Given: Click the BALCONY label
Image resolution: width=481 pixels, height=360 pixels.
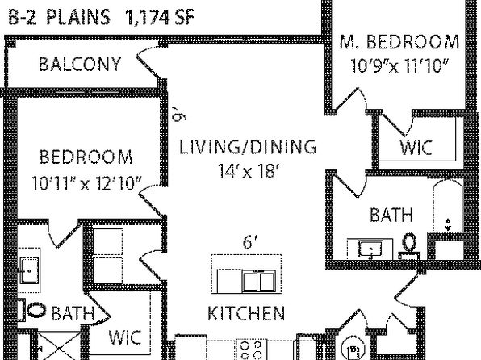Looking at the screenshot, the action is point(80,64).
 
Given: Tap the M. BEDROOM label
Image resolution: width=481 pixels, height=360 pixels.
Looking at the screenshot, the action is point(399,42).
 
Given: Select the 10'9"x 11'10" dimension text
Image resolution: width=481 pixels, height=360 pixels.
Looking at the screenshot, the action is point(399,65).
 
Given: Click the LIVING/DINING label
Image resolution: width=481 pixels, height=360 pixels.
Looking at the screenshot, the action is point(247,147).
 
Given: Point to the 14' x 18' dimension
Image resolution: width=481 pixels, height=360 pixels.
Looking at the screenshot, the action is point(249,170).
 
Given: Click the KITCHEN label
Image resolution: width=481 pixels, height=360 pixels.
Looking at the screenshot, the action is point(246,313).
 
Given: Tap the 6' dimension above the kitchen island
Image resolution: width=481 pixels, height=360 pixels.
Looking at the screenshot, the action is point(249,242).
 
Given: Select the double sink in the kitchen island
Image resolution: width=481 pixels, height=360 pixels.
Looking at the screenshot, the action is point(259,281).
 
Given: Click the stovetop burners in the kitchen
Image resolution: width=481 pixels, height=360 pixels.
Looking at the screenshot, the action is point(251,350).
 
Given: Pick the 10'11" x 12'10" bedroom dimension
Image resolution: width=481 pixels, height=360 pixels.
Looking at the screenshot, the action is point(87,183).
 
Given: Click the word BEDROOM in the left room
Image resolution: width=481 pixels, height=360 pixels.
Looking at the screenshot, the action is point(86,157).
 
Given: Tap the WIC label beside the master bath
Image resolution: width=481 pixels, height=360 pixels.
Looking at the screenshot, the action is point(416,148).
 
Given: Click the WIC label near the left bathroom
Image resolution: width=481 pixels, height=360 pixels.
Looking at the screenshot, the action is point(125,337).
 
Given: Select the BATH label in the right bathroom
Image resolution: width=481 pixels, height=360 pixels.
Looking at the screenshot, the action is point(391,215).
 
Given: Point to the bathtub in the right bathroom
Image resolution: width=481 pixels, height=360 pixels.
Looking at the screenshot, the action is point(448,207).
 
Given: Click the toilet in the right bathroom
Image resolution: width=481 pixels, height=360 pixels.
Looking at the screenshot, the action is point(409,245).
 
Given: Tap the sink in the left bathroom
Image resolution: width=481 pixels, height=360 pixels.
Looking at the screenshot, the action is point(29,270).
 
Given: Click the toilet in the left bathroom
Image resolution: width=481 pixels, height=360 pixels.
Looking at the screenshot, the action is point(33,310).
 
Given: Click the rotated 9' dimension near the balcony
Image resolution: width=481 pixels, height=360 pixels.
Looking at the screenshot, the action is point(179,114).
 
